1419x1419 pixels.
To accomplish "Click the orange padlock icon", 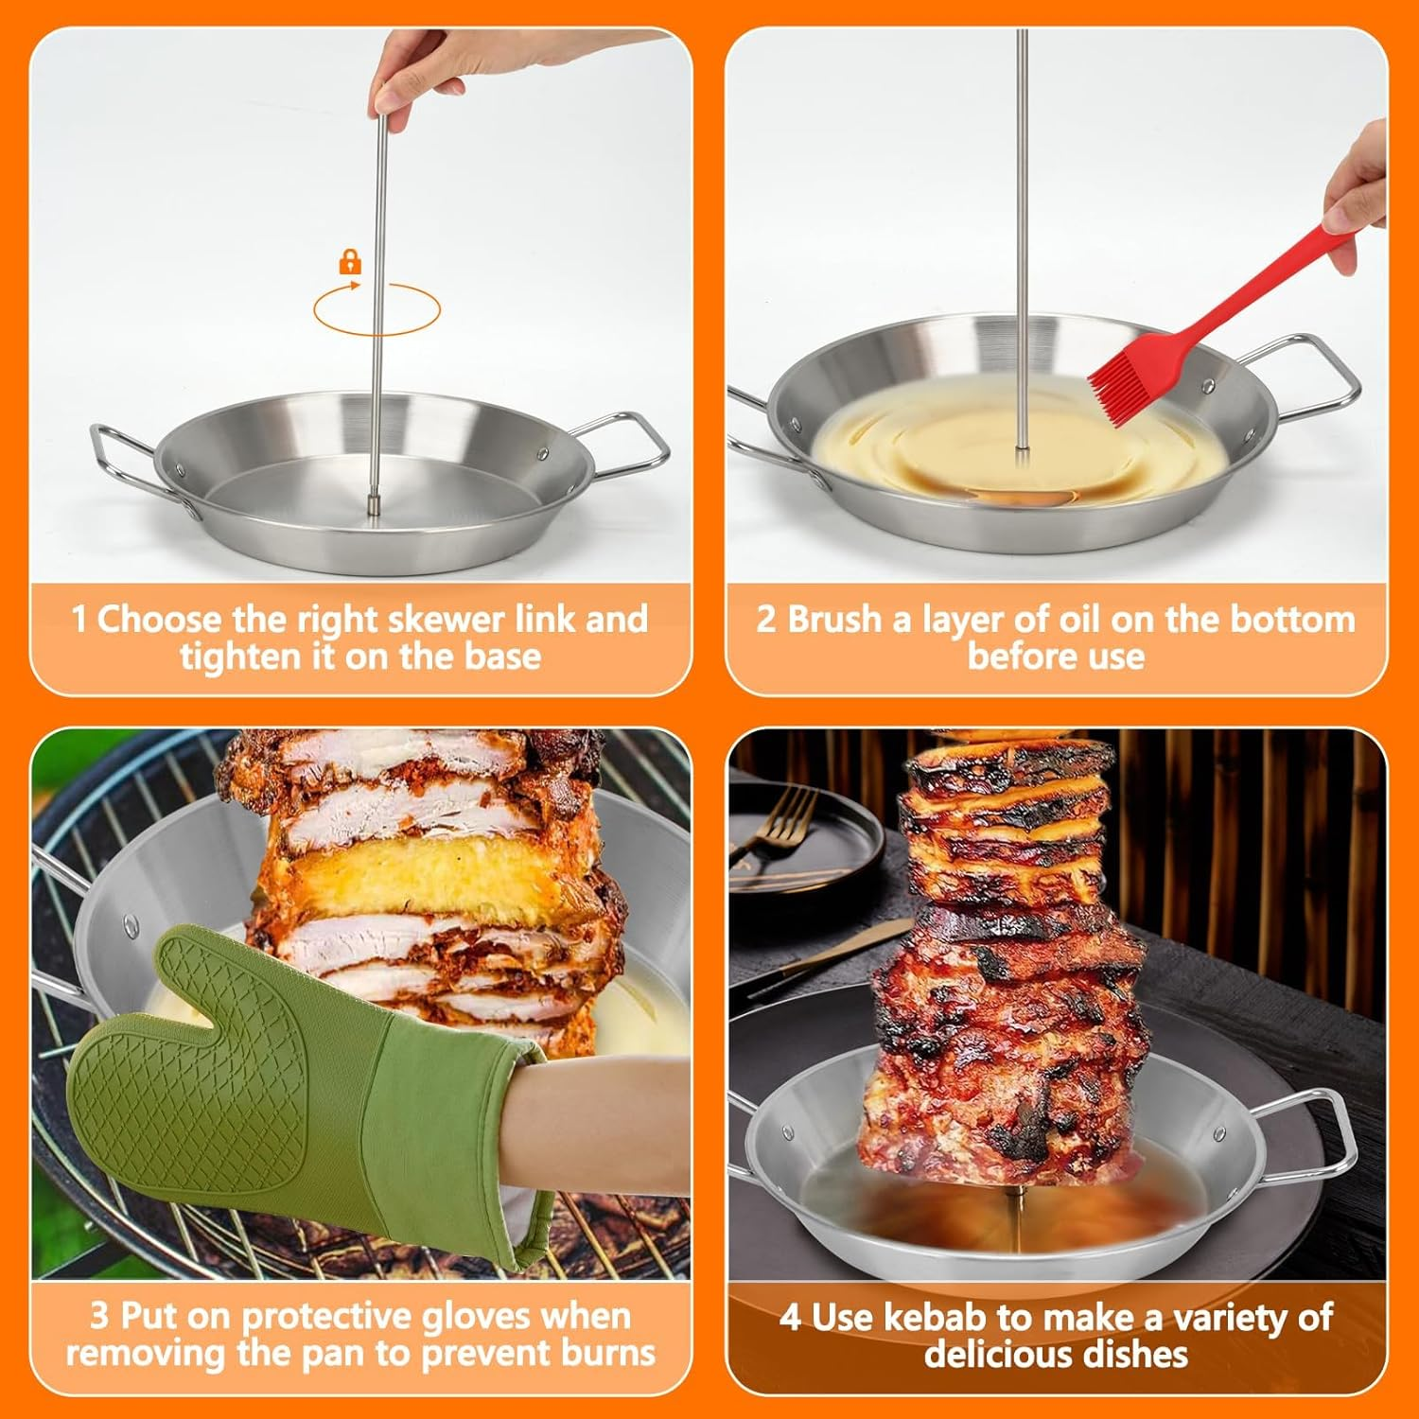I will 350,262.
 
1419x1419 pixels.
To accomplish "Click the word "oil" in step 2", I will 1079,620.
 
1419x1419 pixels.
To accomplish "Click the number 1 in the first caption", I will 79,621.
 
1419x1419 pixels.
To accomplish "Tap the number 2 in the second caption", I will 765,620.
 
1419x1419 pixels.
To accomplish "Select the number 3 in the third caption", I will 99,1316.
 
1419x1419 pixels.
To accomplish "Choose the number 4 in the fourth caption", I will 790,1318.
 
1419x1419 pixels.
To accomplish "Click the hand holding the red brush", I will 1362,180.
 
